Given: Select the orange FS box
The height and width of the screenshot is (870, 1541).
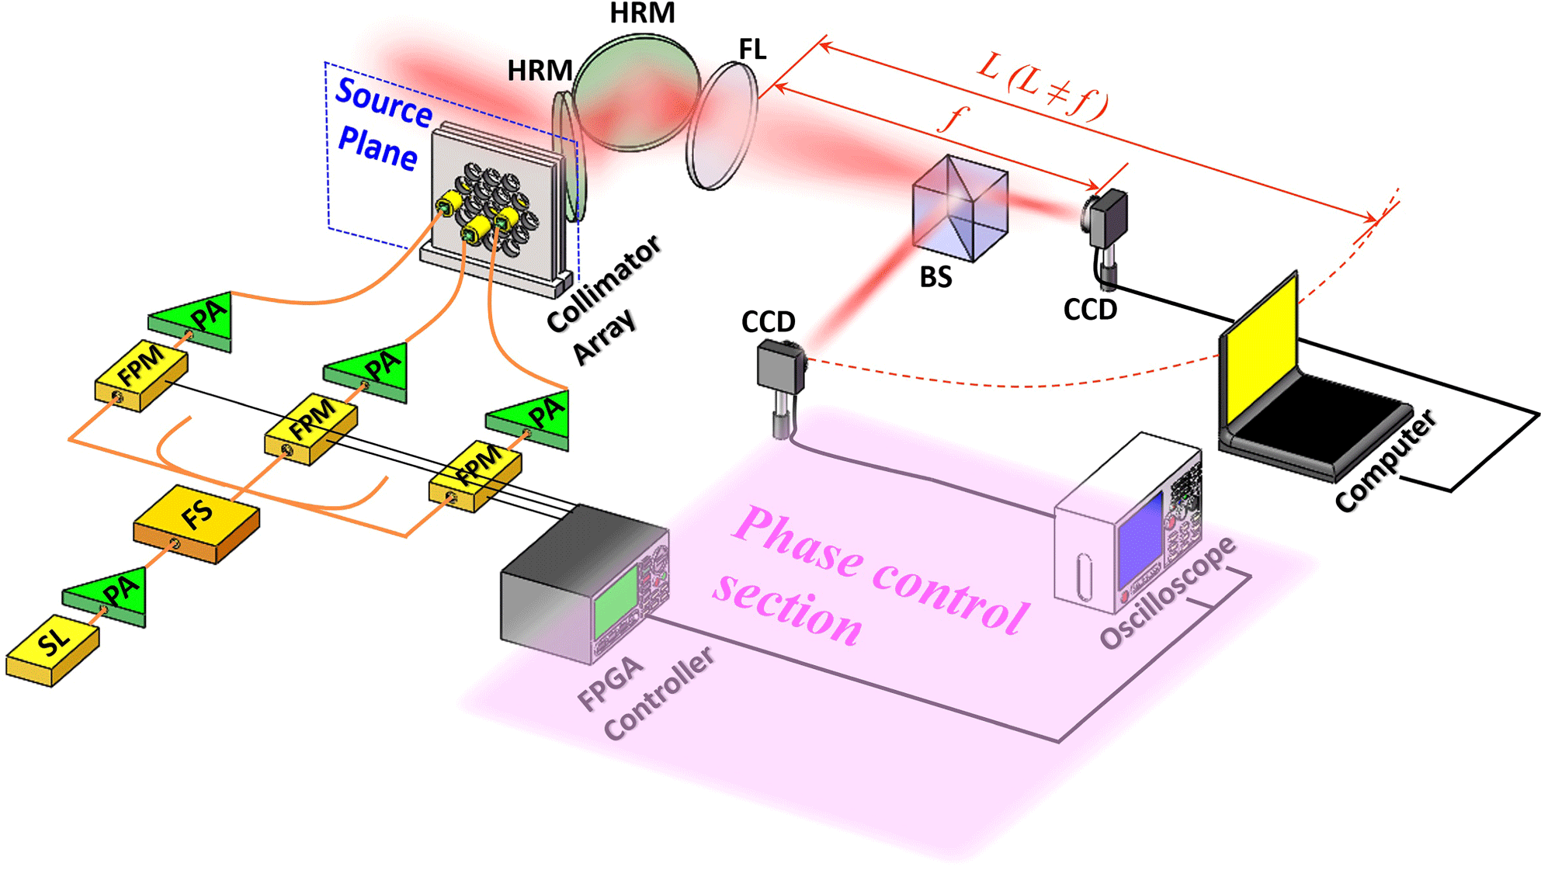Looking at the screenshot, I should pyautogui.click(x=196, y=522).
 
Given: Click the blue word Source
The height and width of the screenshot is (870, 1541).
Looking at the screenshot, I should pyautogui.click(x=384, y=102).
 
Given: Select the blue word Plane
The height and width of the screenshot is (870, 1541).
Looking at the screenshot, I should pyautogui.click(x=378, y=147).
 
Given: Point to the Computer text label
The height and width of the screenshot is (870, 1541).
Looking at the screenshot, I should pyautogui.click(x=1387, y=461).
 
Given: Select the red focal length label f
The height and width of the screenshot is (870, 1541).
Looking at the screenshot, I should pyautogui.click(x=953, y=119).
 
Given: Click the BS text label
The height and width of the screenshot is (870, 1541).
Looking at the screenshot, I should pyautogui.click(x=935, y=278).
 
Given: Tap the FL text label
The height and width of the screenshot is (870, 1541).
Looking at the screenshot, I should pyautogui.click(x=752, y=50).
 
